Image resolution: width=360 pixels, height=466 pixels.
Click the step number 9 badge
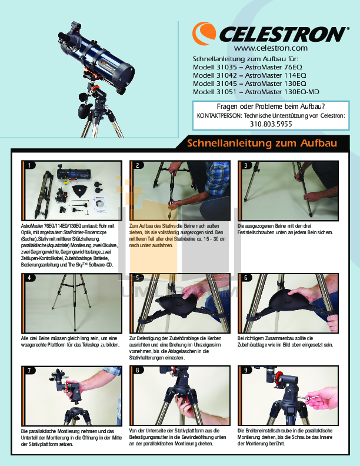pos(246,370)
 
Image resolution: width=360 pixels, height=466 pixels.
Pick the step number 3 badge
pos(246,165)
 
